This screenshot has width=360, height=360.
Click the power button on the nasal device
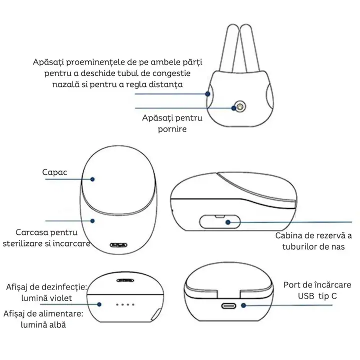pos(240,107)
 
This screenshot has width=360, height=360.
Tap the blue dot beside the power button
pos(233,108)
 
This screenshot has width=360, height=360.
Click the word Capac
pos(54,172)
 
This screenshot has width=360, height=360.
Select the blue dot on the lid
pos(92,179)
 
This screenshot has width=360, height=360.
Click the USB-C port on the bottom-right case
pos(228,306)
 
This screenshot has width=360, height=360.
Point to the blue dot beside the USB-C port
pos(243,305)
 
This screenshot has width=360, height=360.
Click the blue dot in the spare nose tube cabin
pos(228,222)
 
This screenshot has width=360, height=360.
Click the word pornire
pos(172,129)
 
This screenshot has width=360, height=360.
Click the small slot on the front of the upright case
pos(118,245)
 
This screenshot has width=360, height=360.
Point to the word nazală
pos(64,84)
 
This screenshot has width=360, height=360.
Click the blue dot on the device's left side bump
pos(208,94)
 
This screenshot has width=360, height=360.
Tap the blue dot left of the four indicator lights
pos(99,304)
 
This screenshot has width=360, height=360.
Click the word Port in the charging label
pos(291,285)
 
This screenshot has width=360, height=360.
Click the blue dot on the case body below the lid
pos(92,221)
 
